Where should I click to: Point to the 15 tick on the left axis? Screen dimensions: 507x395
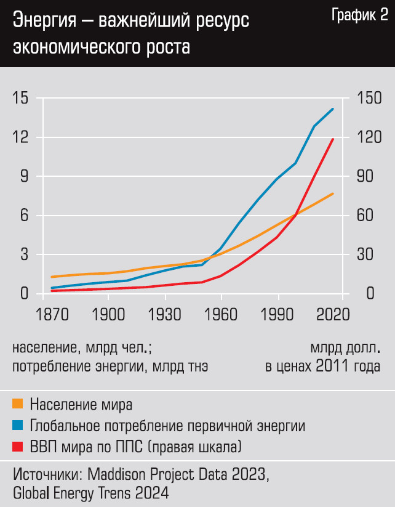pyautogui.click(x=20, y=98)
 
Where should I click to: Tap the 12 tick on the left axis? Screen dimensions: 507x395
pyautogui.click(x=20, y=137)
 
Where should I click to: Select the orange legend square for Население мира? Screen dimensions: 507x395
pyautogui.click(x=18, y=404)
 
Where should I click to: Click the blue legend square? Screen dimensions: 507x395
pyautogui.click(x=18, y=425)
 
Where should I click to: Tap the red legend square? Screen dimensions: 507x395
pyautogui.click(x=18, y=446)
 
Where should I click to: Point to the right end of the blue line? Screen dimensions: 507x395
pyautogui.click(x=333, y=109)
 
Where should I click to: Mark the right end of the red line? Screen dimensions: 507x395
pyautogui.click(x=333, y=139)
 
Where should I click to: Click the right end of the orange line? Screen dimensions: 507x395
pyautogui.click(x=333, y=194)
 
